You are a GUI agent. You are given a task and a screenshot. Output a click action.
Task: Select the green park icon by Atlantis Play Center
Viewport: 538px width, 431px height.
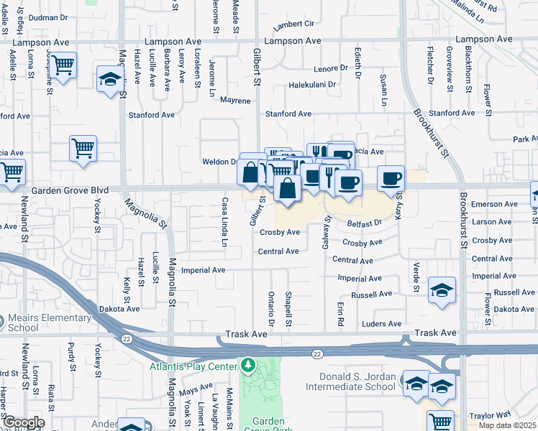click(x=249, y=366)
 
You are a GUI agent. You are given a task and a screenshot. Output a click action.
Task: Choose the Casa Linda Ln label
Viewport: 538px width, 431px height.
click(x=224, y=222)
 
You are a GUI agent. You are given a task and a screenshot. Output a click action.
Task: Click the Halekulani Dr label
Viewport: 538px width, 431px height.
click(x=312, y=85)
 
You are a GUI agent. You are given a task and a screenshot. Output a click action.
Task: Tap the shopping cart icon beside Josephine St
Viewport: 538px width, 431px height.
click(x=63, y=65)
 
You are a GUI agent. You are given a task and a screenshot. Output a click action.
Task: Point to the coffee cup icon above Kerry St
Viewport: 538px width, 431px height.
click(x=391, y=177)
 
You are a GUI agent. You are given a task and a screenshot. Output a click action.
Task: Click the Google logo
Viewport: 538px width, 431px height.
click(x=23, y=422)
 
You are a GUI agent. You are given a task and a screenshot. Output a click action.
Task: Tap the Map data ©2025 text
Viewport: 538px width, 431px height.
click(x=506, y=425)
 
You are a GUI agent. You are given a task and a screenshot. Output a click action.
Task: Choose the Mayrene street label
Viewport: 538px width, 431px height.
click(x=235, y=101)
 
